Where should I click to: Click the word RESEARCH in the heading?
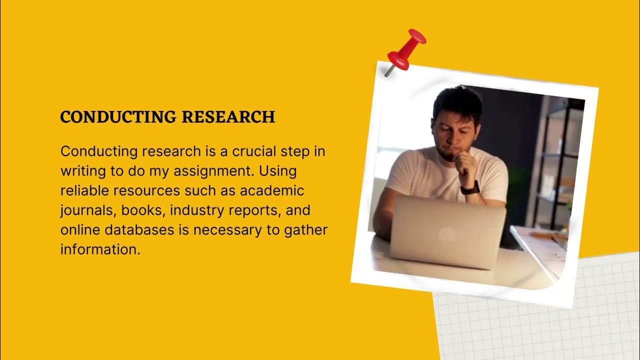point(228,116)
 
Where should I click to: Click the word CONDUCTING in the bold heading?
point(118,116)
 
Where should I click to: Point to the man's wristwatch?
point(470,188)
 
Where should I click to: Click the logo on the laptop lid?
point(446,233)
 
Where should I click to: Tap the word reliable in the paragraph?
point(85,190)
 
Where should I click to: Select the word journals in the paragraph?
point(88,210)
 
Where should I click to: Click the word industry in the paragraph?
point(197,210)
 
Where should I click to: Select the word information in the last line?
point(98,249)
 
